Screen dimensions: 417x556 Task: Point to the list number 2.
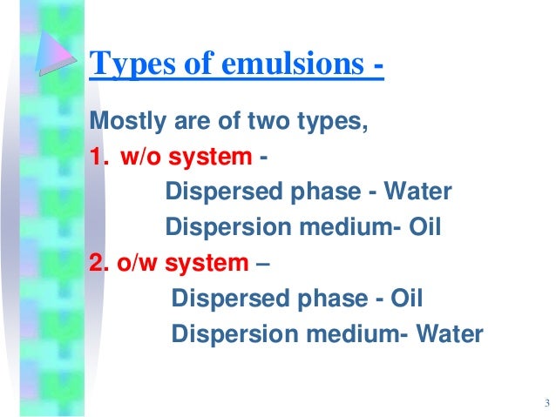97,262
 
